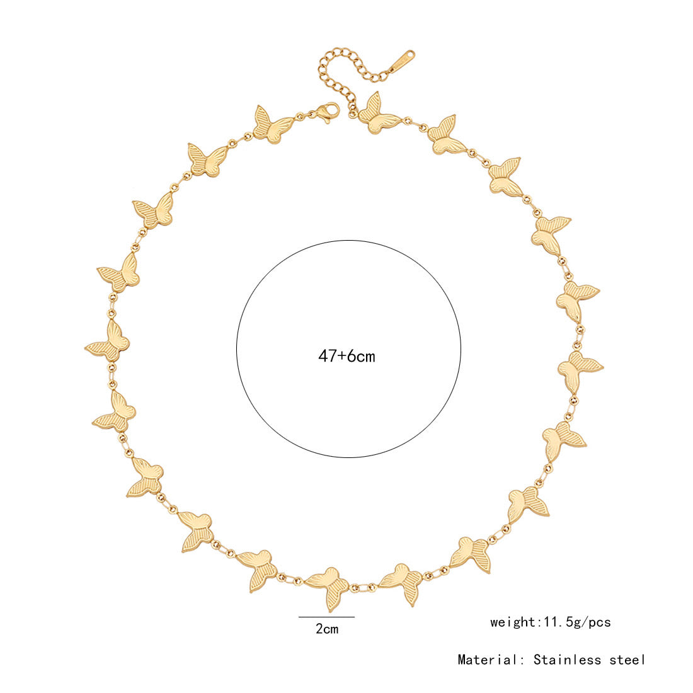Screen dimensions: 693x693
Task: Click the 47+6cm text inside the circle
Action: [346, 356]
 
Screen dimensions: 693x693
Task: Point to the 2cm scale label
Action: [327, 629]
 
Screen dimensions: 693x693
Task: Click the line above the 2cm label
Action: [326, 617]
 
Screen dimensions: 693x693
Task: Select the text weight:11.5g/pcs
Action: [551, 622]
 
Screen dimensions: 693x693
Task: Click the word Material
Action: [486, 660]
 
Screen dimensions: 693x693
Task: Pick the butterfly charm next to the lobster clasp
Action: [273, 125]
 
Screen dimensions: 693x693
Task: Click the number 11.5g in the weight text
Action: [561, 622]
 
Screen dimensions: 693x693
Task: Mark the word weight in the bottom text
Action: [512, 622]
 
